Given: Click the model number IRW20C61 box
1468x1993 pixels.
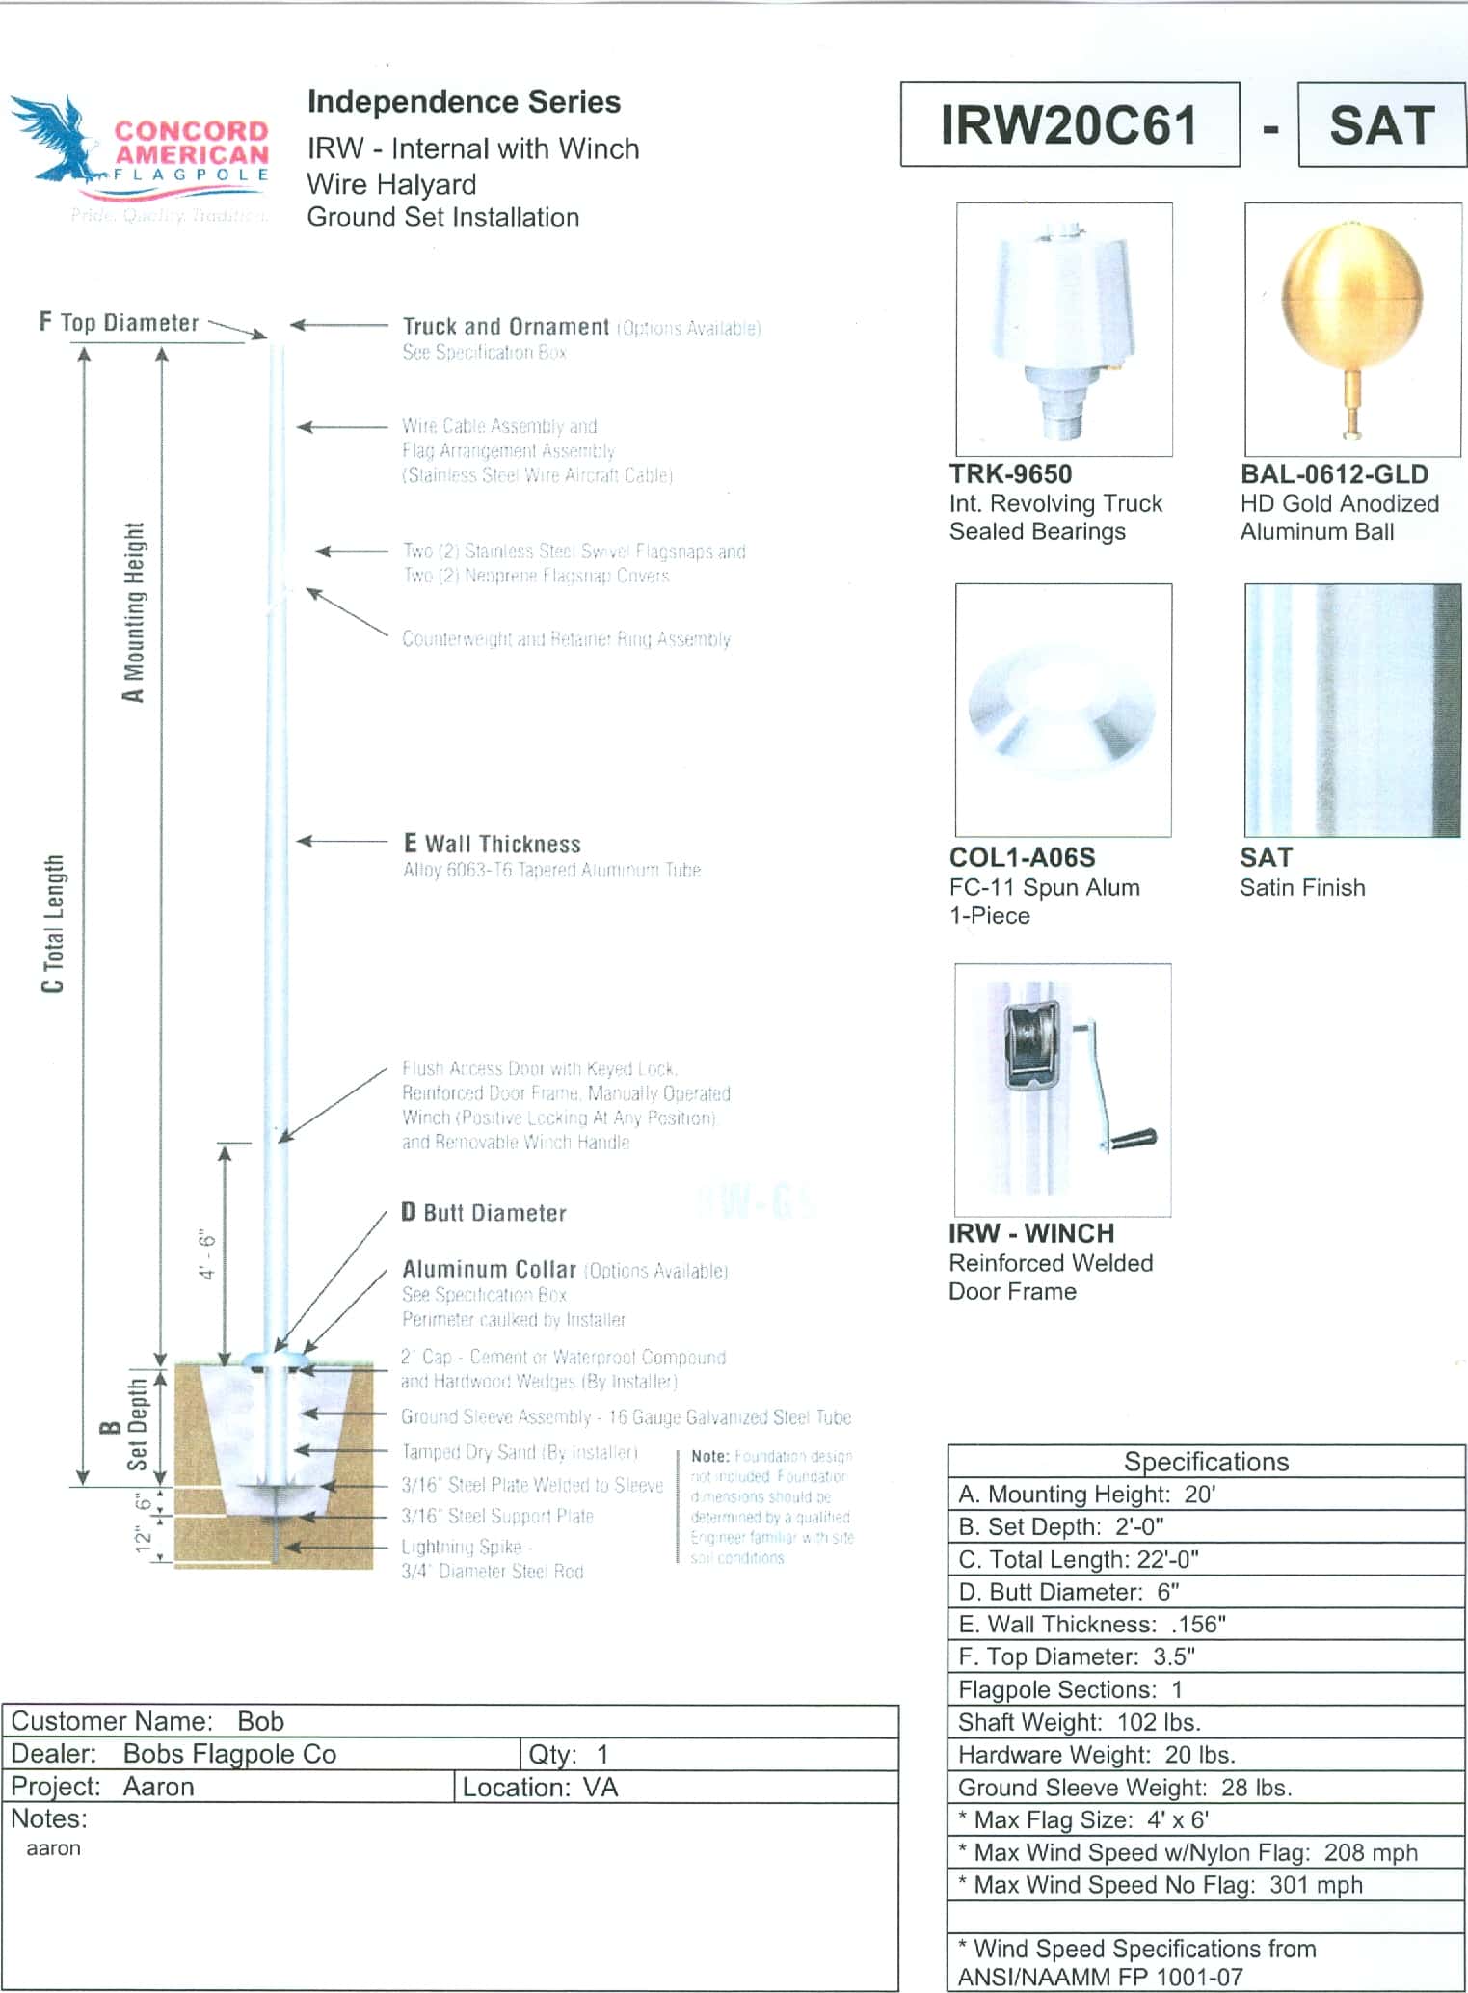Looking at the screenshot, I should (x=1069, y=125).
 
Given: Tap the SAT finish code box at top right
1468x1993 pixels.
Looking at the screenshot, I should (x=1382, y=125).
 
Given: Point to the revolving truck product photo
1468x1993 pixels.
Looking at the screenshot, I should (x=1063, y=328).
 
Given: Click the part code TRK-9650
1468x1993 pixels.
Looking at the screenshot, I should (x=1010, y=474).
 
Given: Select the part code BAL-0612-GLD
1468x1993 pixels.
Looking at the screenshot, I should (x=1334, y=474).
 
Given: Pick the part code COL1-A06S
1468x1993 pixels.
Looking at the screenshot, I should (x=1022, y=857).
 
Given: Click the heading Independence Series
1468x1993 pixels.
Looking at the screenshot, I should (x=464, y=102).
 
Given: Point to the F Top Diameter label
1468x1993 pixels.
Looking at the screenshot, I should (x=120, y=322).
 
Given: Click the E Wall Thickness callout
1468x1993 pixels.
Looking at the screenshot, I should (x=492, y=844).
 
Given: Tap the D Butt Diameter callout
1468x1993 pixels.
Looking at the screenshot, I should (x=484, y=1212).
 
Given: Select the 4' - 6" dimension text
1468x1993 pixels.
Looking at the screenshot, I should (x=207, y=1254).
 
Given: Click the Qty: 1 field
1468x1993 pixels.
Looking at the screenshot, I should (x=569, y=1754).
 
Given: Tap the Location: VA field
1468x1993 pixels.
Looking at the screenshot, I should (x=540, y=1787).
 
